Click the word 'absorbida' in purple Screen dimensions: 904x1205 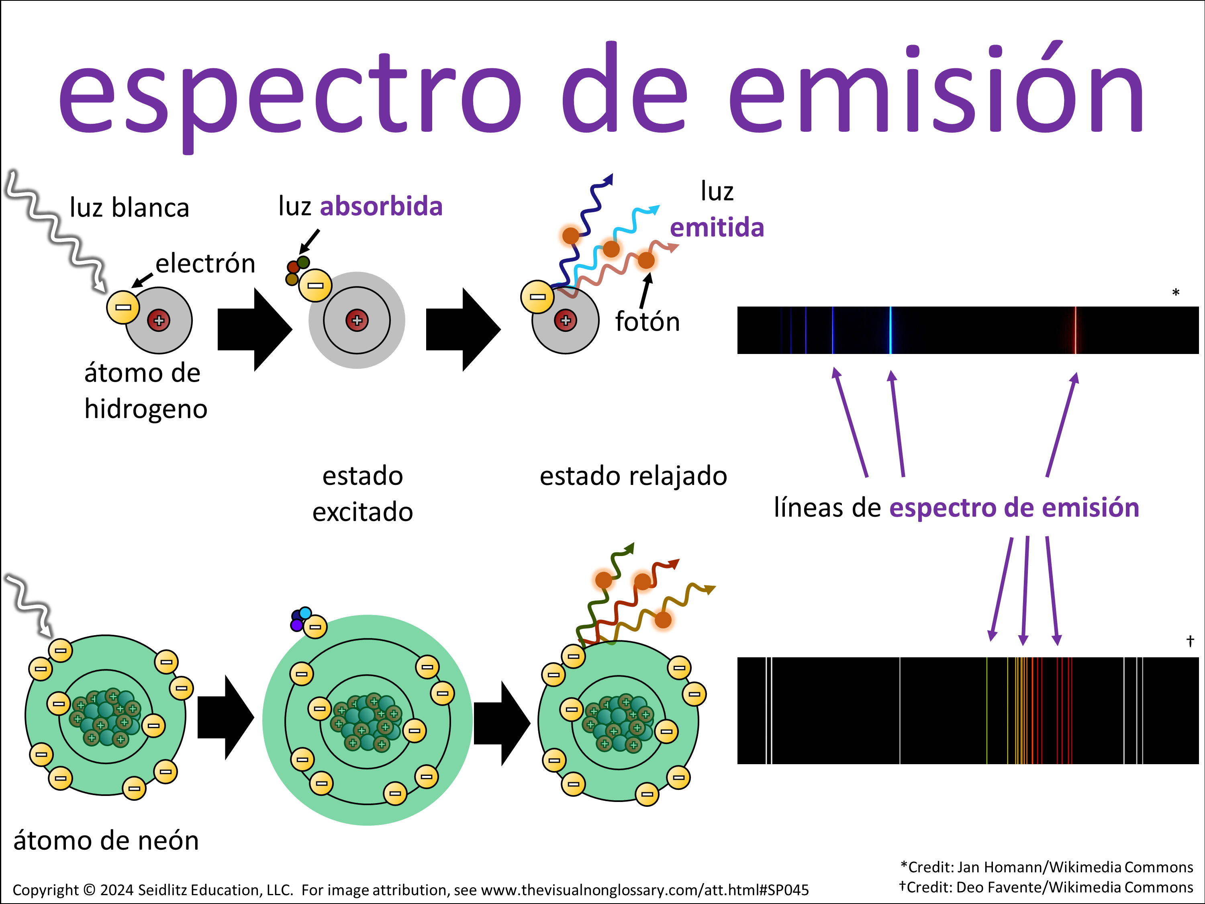tap(381, 207)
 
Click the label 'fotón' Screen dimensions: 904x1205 tap(647, 321)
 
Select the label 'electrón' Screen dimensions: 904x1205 tap(205, 264)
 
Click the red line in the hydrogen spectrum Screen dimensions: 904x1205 tap(1075, 330)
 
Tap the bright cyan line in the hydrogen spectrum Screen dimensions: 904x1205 tap(890, 330)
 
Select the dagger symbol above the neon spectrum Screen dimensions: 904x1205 tap(1190, 641)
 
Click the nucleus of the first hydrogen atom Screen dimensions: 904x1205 tap(159, 320)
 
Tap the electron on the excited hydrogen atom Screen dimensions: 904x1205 tap(315, 285)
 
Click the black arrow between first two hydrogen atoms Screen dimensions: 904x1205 tap(254, 329)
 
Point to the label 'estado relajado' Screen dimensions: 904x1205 tap(633, 476)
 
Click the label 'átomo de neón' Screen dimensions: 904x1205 tap(106, 840)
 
